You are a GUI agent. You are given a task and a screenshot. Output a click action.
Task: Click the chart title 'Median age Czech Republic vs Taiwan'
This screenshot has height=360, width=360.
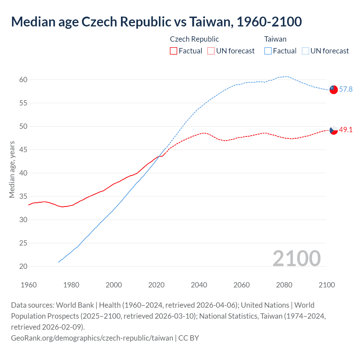[x=156, y=22]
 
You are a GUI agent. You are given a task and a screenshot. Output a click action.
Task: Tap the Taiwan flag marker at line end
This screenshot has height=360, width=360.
[x=333, y=89]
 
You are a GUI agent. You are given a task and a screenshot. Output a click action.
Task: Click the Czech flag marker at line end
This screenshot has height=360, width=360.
[x=333, y=130]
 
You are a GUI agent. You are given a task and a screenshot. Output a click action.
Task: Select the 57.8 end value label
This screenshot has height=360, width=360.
[x=346, y=89]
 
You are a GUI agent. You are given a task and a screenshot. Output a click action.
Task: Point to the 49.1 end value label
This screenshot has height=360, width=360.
[x=346, y=130]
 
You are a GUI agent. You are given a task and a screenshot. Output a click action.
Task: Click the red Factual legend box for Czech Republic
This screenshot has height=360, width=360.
[x=174, y=51]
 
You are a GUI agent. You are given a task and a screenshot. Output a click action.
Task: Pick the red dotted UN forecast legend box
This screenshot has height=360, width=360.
[x=211, y=51]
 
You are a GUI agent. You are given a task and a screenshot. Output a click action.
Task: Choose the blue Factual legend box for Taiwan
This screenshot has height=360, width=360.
[x=268, y=51]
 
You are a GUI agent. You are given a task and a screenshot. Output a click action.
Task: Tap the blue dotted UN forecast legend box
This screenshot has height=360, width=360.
[x=305, y=51]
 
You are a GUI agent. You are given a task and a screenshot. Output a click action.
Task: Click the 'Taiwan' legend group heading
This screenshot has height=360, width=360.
[x=275, y=39]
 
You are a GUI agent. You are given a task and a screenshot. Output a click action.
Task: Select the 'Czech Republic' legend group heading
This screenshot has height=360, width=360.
[x=194, y=39]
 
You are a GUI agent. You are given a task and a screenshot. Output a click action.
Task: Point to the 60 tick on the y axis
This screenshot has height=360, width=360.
[x=23, y=80]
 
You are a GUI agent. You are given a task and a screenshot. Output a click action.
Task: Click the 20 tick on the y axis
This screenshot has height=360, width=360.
[x=23, y=266]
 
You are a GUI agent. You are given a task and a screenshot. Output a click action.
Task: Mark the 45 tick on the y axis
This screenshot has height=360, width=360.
[x=23, y=150]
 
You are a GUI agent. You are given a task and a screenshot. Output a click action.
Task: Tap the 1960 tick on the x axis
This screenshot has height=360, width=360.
[x=29, y=285]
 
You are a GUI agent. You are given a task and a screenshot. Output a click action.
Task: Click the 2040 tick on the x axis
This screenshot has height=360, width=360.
[x=199, y=285]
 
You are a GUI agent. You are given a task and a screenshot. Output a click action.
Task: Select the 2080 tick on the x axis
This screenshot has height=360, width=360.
[x=284, y=285]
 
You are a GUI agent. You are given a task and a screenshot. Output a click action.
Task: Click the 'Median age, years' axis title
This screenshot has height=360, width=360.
[x=12, y=169]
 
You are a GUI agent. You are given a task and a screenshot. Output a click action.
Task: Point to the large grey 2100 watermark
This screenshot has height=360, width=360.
[x=296, y=258]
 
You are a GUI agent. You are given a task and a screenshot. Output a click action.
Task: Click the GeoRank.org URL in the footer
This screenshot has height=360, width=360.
[x=92, y=338]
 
